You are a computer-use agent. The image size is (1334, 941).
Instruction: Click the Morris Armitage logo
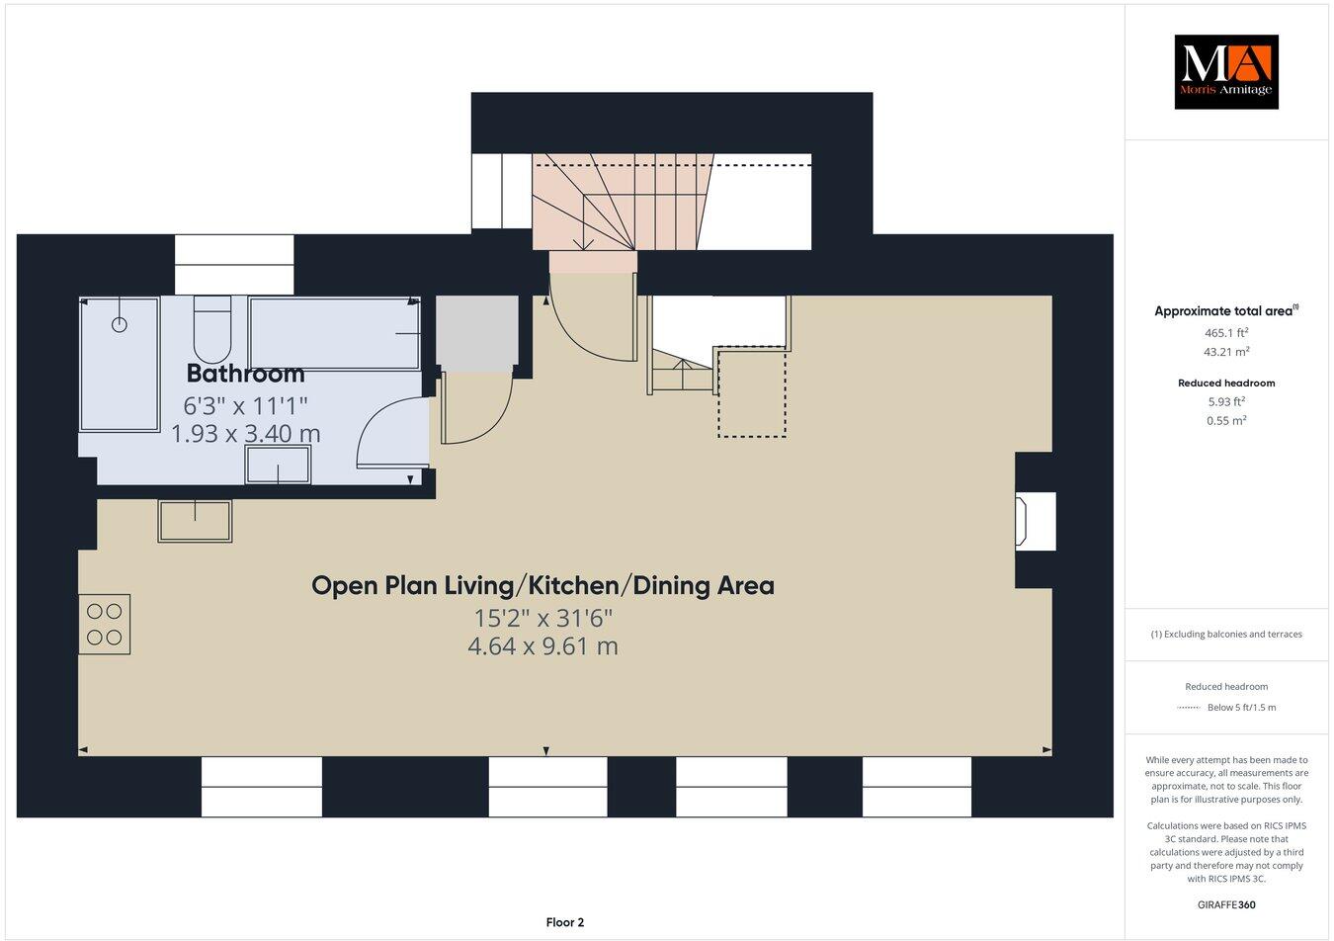(1225, 71)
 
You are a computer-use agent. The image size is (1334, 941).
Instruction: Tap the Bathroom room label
(245, 374)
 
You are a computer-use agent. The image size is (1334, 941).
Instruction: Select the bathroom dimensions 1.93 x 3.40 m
(245, 433)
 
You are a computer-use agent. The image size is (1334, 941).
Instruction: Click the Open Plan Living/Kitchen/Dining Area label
(542, 585)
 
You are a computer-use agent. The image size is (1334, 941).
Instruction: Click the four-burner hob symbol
(105, 624)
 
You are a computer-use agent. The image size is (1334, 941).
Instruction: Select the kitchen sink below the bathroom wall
(195, 521)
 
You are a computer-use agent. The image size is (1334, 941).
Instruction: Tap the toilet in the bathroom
(212, 330)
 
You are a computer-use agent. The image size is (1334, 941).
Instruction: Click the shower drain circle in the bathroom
(120, 324)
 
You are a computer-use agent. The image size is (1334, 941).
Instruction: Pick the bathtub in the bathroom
(334, 334)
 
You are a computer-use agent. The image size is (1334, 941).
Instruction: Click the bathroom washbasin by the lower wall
(278, 465)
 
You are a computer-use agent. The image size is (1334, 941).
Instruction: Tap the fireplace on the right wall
(1034, 521)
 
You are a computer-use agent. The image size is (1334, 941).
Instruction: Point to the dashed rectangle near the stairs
(752, 391)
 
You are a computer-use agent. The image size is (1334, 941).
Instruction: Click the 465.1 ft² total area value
(1225, 333)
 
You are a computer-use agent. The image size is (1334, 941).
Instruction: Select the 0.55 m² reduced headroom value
(1225, 420)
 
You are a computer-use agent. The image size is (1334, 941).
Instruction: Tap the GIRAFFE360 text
(1225, 904)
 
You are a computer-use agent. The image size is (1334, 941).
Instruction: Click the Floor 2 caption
(565, 922)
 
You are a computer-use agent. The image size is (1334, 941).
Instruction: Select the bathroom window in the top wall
(234, 264)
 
